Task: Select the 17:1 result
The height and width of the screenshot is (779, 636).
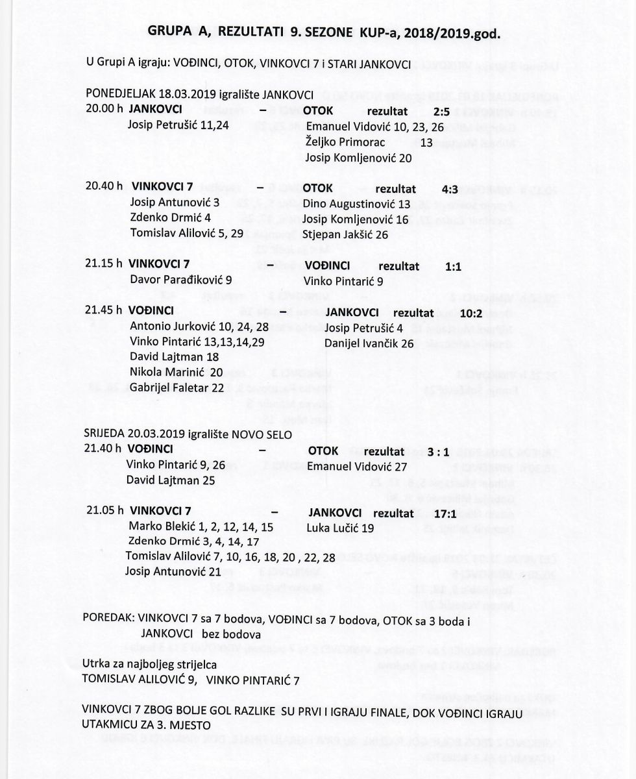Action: point(458,513)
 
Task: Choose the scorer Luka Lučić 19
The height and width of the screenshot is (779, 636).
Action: point(340,528)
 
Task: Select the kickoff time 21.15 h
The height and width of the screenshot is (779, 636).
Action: point(104,266)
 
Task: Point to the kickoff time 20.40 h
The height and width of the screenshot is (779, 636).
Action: point(104,186)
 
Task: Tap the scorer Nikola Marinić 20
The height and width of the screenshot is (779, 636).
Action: point(176,371)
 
